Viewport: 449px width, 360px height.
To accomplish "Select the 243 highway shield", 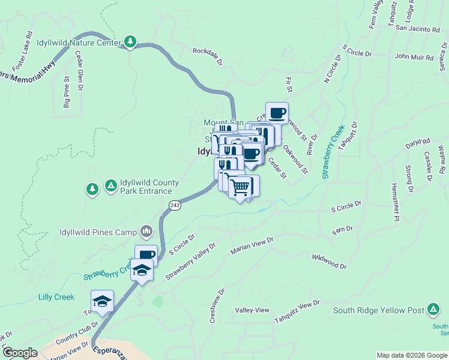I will tap(175, 205).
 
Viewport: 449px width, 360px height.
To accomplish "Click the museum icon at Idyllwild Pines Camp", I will tap(146, 231).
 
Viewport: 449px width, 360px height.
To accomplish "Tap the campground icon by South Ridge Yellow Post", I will tap(432, 310).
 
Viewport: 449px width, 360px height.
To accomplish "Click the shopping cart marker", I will tap(240, 188).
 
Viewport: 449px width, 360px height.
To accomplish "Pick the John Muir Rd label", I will tap(414, 57).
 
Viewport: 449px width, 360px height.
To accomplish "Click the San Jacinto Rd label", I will tap(418, 29).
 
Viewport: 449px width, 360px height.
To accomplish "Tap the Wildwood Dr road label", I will tap(329, 261).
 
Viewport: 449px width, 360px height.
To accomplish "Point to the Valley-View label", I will tap(253, 310).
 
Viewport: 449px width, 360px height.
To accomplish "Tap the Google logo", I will tap(20, 353).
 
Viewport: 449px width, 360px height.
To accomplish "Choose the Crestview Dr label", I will tap(217, 307).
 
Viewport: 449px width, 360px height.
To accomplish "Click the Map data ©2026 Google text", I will tap(411, 355).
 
